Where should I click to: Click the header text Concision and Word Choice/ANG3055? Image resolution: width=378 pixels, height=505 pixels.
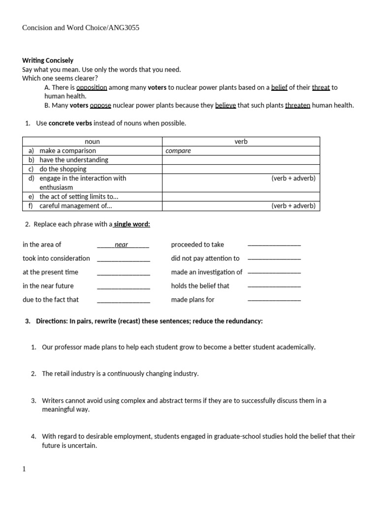point(81,28)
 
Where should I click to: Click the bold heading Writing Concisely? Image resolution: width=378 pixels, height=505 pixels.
point(48,61)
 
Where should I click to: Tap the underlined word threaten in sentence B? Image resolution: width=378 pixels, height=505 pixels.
point(297,105)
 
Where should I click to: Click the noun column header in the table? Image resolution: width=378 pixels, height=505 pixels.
point(92,142)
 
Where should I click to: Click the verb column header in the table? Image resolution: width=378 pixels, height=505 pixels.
point(241,142)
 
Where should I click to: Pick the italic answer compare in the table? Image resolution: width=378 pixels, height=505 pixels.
point(178,151)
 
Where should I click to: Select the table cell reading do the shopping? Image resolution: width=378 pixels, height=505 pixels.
point(63,169)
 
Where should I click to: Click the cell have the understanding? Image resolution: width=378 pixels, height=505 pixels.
point(73,160)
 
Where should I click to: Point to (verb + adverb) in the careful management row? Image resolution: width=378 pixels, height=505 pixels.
point(293,206)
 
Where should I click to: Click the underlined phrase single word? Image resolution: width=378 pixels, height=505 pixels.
point(132,224)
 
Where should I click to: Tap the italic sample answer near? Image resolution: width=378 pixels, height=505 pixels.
point(121,245)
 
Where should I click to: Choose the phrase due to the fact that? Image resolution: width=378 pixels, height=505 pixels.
point(50,299)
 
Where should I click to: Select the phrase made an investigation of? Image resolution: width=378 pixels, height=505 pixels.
point(207,272)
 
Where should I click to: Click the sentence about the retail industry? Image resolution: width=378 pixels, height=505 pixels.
point(120,374)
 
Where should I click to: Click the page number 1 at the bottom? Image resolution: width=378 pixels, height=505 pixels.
point(24,469)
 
